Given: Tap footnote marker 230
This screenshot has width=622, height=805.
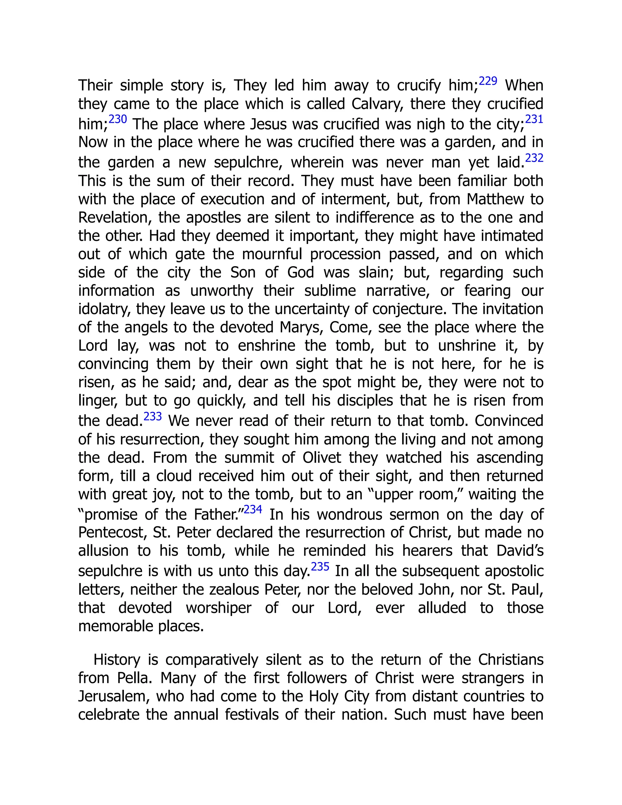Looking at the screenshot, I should tap(118, 119).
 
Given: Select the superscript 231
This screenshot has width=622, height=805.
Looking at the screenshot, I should tap(534, 119).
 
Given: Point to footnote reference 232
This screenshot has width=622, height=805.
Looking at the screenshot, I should tap(534, 158).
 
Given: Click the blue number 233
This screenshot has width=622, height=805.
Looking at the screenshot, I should tap(152, 416).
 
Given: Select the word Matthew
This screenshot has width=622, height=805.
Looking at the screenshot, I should tap(495, 199).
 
